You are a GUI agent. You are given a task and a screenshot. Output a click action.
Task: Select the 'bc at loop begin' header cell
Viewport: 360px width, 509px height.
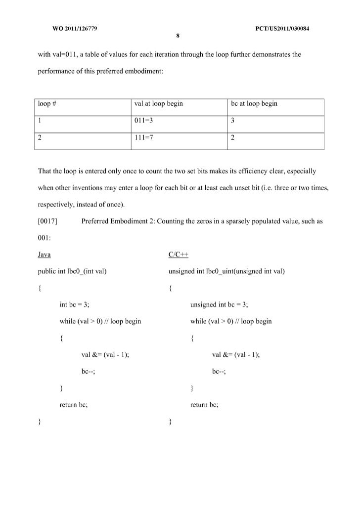pyautogui.click(x=254, y=104)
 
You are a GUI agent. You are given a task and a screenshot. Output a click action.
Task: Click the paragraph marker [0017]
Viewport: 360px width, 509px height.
pyautogui.click(x=48, y=221)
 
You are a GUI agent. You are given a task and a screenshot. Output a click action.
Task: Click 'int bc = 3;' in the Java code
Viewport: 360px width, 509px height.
pyautogui.click(x=74, y=304)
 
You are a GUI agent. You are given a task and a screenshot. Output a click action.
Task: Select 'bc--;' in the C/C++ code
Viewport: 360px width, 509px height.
pyautogui.click(x=219, y=372)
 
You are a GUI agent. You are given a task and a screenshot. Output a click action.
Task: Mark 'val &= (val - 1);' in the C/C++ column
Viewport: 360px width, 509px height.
pyautogui.click(x=236, y=355)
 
